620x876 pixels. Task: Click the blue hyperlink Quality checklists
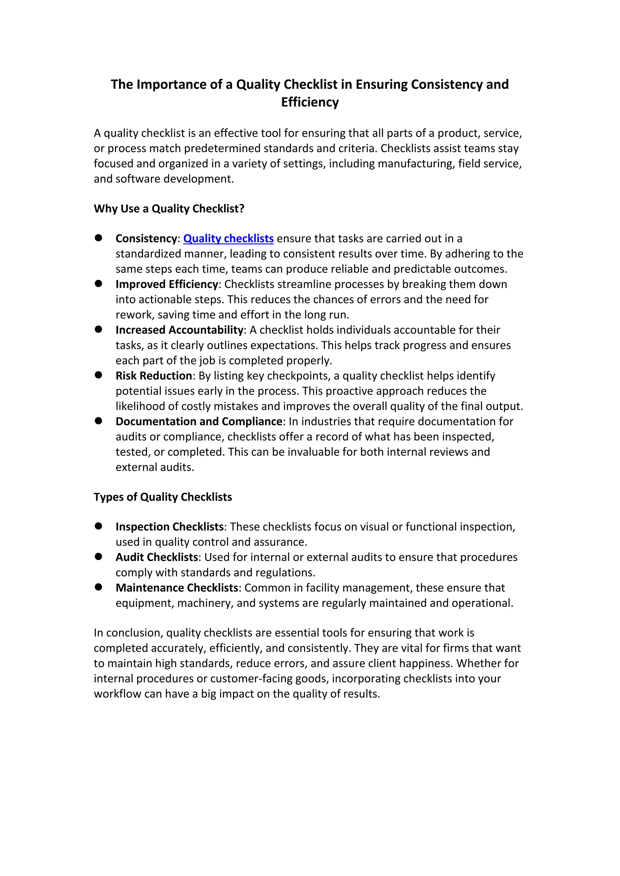pos(228,238)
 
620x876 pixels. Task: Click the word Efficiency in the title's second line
pos(310,102)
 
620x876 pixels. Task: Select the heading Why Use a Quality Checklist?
pos(169,209)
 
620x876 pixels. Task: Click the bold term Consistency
pos(146,238)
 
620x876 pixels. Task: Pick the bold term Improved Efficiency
pos(167,284)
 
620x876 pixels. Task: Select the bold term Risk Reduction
pos(154,376)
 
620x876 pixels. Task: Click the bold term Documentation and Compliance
pos(199,422)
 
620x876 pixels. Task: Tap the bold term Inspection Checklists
pos(170,527)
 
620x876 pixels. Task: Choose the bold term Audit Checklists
pos(157,557)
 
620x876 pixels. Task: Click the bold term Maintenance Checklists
pos(177,588)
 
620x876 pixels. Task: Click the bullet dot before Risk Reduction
pos(98,375)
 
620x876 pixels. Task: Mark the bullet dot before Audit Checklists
pos(98,557)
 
